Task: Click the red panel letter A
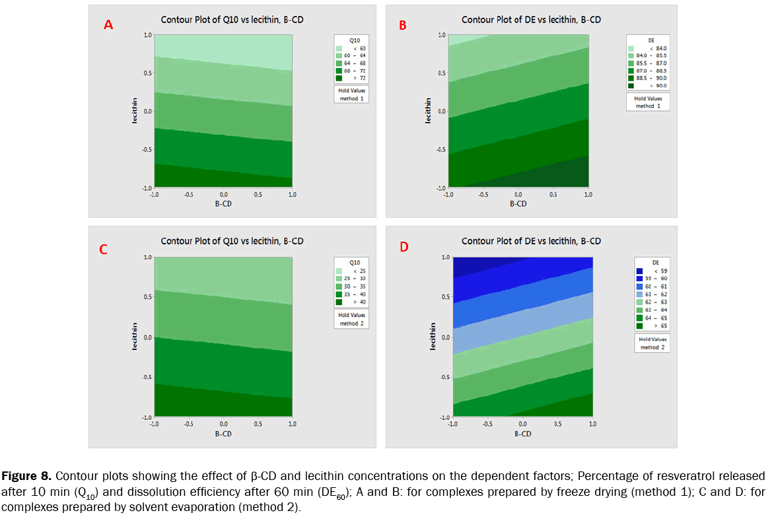point(109,26)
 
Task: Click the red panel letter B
point(403,26)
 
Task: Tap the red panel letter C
point(104,250)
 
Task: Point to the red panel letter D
point(403,248)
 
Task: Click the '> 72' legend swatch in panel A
point(339,78)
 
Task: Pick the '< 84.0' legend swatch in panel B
point(631,49)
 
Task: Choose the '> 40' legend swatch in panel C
point(339,302)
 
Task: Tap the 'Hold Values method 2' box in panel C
point(349,320)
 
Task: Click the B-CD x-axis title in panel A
point(223,204)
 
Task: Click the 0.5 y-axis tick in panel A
point(147,73)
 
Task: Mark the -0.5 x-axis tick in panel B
point(483,195)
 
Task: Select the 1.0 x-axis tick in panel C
point(292,425)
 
